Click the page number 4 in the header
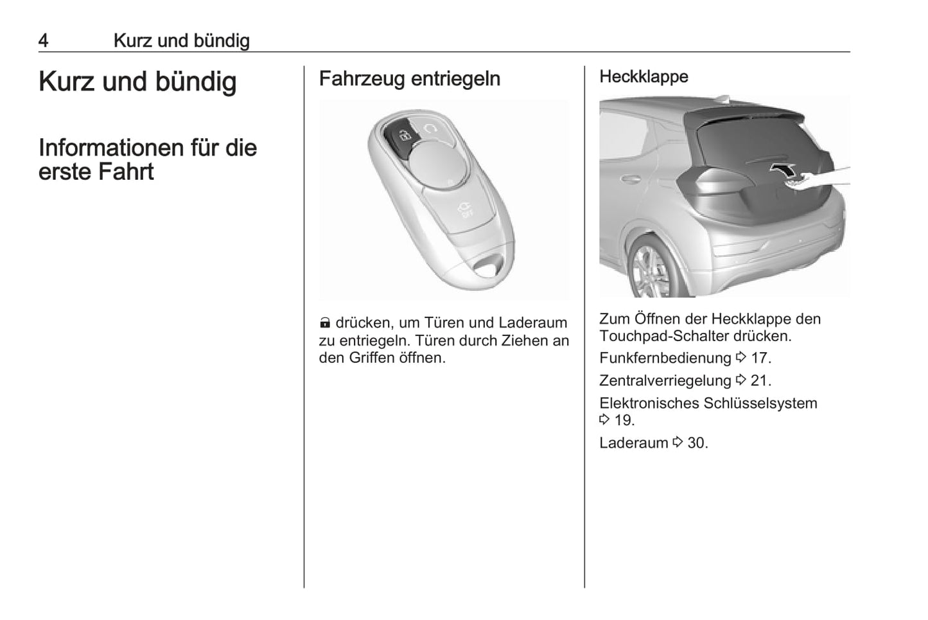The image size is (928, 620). (x=43, y=40)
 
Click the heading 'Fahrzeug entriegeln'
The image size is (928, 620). (x=409, y=79)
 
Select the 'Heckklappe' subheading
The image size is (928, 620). (x=643, y=76)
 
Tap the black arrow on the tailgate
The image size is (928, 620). (x=785, y=170)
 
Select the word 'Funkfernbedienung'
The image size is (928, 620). (x=665, y=358)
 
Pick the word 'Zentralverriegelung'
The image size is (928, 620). (x=665, y=380)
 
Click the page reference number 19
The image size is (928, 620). (x=624, y=420)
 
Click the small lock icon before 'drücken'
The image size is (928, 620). (x=325, y=323)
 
